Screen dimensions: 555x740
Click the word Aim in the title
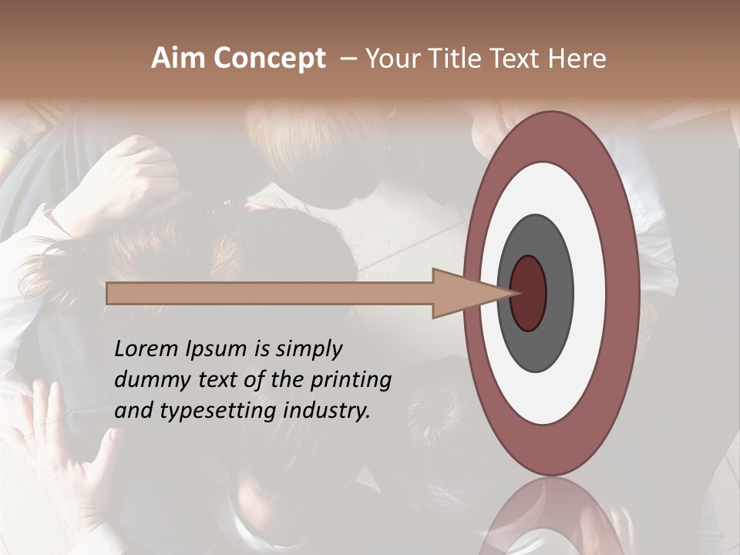[x=178, y=59]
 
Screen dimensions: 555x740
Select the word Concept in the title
[x=269, y=59]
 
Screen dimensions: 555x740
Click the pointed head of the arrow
[x=470, y=293]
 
